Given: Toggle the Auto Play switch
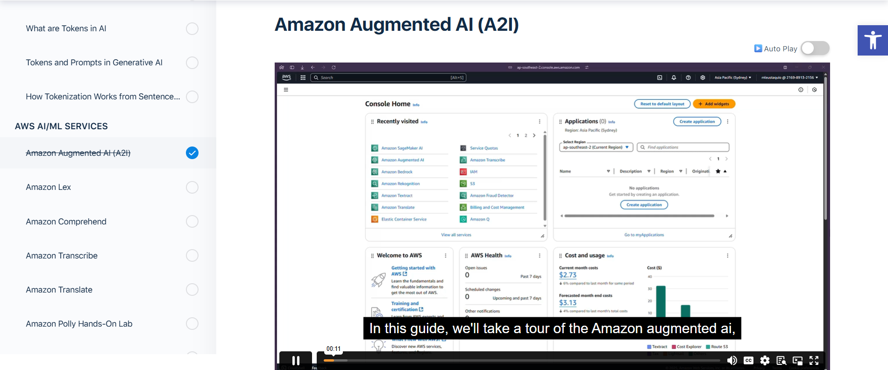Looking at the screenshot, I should tap(815, 49).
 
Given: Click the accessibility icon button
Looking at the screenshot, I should tap(872, 41).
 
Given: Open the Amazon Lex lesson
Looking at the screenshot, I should tap(49, 187).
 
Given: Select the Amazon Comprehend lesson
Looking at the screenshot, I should tap(66, 222).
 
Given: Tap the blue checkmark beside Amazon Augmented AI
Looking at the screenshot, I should tap(192, 153).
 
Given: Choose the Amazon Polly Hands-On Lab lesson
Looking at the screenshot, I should tap(79, 324).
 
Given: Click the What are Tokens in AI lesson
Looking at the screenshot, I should tap(66, 28).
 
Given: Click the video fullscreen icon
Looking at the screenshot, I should tap(814, 360).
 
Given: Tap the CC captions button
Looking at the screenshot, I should tap(748, 360).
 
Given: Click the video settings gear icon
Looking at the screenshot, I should tap(765, 360).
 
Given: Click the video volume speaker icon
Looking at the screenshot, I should tap(732, 360).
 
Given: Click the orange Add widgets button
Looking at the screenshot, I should tap(714, 104).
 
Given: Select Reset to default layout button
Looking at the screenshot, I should tap(662, 104).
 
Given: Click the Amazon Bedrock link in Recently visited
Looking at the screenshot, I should tap(397, 172).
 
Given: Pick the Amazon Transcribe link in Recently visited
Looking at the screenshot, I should tap(487, 160).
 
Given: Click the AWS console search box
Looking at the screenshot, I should tap(388, 77).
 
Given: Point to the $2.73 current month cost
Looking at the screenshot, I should tap(568, 275).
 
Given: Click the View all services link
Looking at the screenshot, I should tap(456, 235).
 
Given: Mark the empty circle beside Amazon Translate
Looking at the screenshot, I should tap(192, 290).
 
